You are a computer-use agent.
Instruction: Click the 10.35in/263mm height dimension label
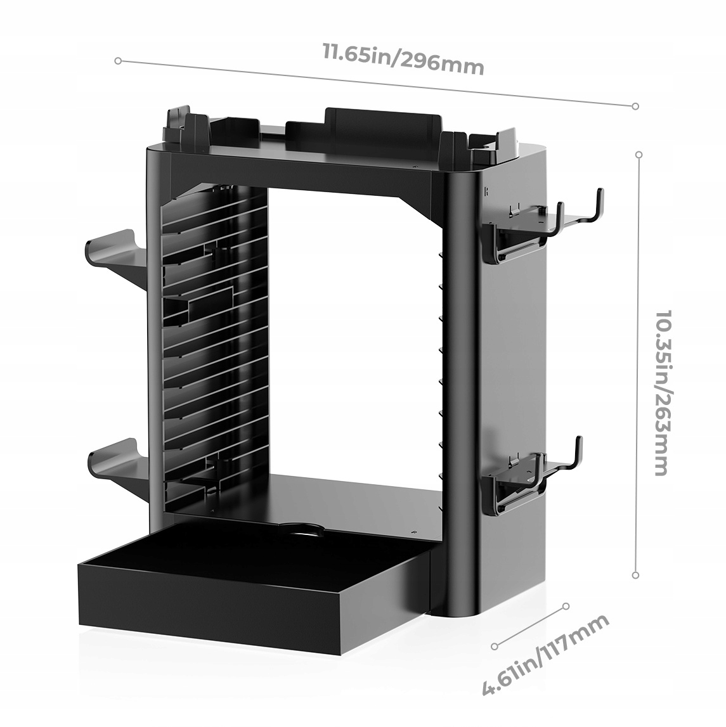click(x=661, y=392)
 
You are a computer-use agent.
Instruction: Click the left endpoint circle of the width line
click(x=118, y=61)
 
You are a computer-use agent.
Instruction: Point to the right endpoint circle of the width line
click(x=635, y=106)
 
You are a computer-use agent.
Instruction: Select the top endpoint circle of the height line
click(x=638, y=155)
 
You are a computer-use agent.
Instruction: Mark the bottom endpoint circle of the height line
click(x=635, y=575)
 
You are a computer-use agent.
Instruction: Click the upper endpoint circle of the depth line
click(x=566, y=607)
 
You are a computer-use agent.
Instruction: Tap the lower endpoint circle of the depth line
click(x=495, y=647)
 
